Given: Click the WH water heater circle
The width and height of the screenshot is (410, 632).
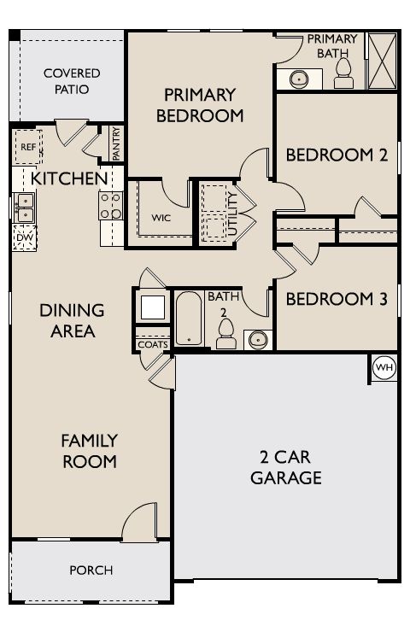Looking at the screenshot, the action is pos(384,367).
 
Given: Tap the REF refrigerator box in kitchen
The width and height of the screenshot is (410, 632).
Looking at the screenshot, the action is pos(28,147).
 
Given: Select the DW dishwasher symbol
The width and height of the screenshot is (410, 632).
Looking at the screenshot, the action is pos(25,237).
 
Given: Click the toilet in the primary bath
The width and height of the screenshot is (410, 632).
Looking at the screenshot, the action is pos(343,73).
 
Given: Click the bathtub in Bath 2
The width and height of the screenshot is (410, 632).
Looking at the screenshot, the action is pos(189,319).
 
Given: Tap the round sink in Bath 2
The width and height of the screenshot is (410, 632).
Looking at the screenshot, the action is pos(258,339).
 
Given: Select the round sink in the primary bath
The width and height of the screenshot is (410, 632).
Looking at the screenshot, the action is pos(299,79).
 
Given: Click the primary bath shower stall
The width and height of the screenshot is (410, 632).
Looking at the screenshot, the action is pos(382,61).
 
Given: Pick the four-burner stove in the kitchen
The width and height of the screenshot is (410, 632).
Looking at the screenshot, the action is pos(111,206).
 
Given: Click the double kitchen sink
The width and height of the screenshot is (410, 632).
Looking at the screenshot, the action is pos(24,208).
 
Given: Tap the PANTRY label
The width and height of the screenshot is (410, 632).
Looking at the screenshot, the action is pos(116,143).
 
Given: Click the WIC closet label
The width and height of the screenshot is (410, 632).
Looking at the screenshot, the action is pos(161,218).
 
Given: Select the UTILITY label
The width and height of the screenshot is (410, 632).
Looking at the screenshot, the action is pos(232,214).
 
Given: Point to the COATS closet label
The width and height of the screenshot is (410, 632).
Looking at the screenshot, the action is pos(153,345).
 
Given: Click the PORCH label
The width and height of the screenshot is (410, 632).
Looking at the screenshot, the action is pos(91,571).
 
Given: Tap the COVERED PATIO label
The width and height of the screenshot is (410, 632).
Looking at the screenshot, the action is pos(72,81).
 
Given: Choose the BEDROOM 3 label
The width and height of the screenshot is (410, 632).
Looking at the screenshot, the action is pos(337,299).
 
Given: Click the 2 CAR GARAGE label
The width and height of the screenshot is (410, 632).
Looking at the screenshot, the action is pos(286,467).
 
